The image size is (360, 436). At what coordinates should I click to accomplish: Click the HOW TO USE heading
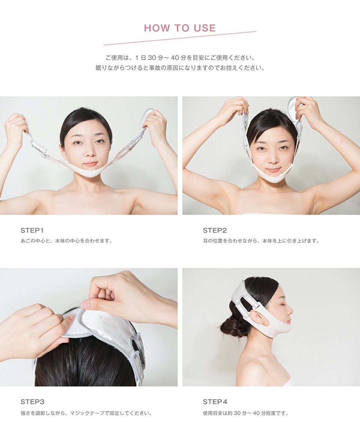pyautogui.click(x=180, y=28)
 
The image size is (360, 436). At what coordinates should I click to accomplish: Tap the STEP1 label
pyautogui.click(x=32, y=230)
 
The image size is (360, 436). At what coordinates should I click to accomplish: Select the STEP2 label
pyautogui.click(x=215, y=230)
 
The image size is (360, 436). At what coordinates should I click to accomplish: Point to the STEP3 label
pyautogui.click(x=33, y=402)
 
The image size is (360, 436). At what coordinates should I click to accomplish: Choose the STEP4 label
pyautogui.click(x=215, y=402)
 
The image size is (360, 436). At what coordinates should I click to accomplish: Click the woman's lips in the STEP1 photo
pyautogui.click(x=90, y=164)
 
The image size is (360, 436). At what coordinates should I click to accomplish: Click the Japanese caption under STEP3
pyautogui.click(x=86, y=414)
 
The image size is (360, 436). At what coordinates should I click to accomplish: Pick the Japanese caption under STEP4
pyautogui.click(x=246, y=414)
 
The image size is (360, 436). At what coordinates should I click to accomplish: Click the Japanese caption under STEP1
pyautogui.click(x=66, y=241)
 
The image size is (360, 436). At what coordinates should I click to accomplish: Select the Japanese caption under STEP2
pyautogui.click(x=261, y=241)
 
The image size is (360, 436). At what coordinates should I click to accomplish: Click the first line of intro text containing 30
pyautogui.click(x=180, y=58)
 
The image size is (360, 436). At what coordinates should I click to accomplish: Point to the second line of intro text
pyautogui.click(x=180, y=69)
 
